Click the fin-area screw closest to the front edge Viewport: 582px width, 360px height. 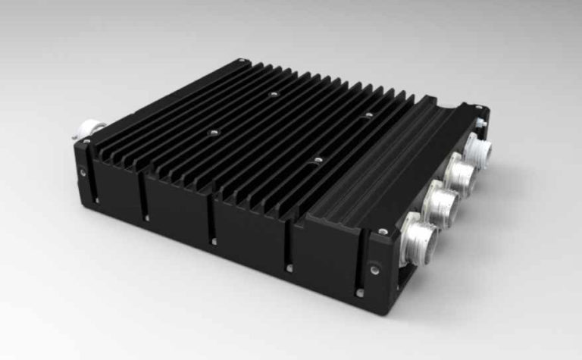coord(318,161)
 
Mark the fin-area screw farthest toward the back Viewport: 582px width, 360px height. coord(273,95)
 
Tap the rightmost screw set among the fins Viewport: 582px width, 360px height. coord(369,115)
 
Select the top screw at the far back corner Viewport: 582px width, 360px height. coord(240,60)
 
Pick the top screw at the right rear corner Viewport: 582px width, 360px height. coord(486,111)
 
